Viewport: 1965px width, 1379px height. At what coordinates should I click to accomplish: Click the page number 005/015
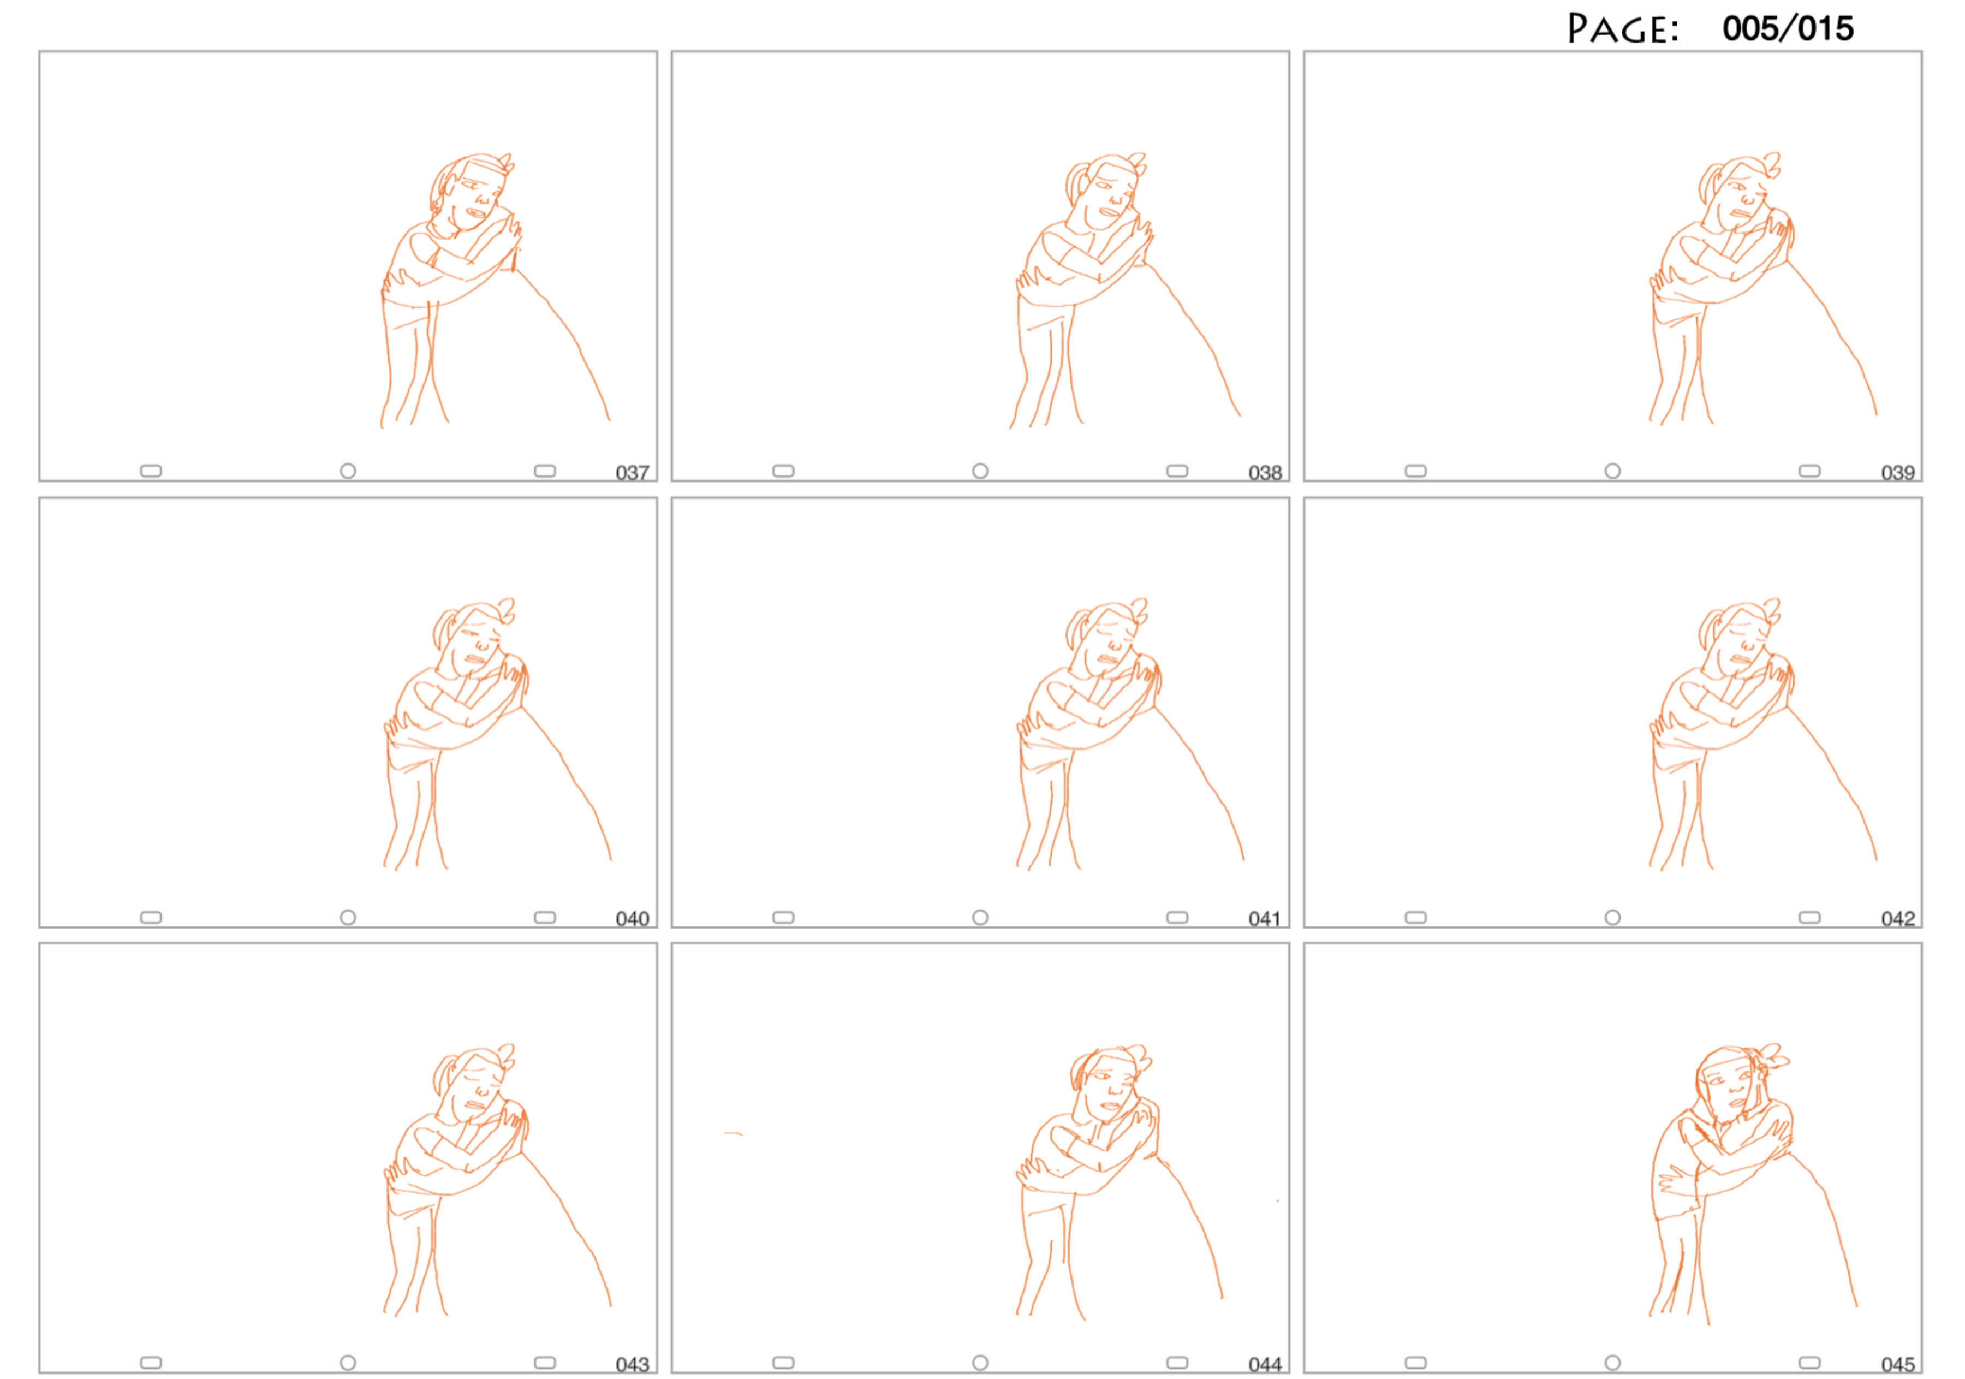1788,29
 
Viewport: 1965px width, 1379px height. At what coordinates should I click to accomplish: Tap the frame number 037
633,473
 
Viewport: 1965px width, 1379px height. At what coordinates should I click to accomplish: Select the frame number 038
1265,473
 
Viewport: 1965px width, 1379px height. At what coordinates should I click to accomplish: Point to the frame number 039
1897,473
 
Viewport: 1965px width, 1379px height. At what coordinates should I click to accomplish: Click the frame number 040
633,918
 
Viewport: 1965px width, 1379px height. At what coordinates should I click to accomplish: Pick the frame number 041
1265,918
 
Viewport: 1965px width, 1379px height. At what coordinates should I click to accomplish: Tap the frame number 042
1897,918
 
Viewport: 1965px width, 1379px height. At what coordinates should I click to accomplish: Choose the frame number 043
633,1364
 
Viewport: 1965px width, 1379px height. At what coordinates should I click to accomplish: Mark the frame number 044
1265,1364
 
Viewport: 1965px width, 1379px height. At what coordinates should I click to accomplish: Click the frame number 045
1897,1364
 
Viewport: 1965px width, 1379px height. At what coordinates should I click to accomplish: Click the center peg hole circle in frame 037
348,471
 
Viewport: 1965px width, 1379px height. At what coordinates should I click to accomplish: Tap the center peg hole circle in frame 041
980,917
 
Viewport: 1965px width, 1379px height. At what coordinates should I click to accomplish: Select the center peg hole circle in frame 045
1612,1363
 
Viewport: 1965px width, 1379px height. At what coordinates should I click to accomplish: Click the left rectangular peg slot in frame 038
783,471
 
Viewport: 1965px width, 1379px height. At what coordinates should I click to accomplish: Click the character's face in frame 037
473,195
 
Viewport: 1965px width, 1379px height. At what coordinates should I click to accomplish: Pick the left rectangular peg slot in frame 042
1415,917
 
